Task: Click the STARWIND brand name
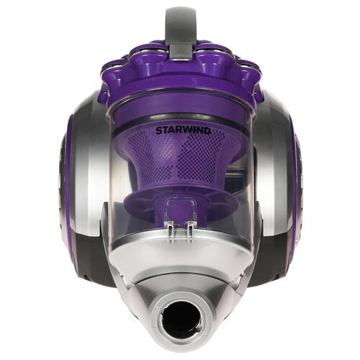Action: pyautogui.click(x=184, y=131)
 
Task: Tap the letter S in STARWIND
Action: pyautogui.click(x=159, y=131)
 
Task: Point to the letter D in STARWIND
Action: pyautogui.click(x=208, y=131)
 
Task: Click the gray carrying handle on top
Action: pyautogui.click(x=181, y=24)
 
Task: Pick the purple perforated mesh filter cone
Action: pyautogui.click(x=179, y=158)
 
